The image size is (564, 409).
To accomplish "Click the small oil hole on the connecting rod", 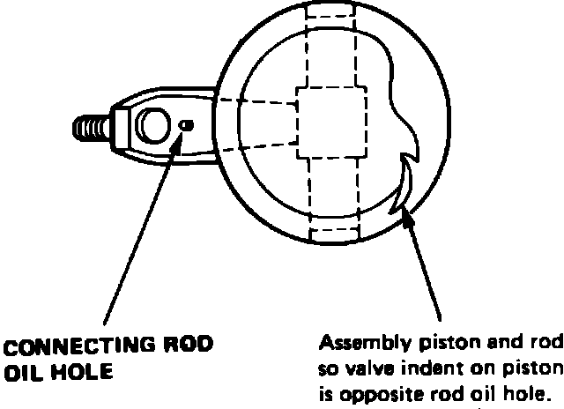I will [x=185, y=126].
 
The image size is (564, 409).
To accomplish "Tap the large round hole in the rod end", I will [x=152, y=127].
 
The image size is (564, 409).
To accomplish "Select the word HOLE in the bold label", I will [x=78, y=370].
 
